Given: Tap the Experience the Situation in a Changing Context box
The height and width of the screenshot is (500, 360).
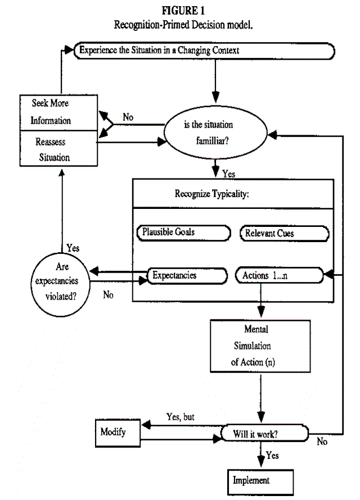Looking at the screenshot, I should point(205,51).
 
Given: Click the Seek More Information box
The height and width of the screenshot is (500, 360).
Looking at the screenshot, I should point(51,112).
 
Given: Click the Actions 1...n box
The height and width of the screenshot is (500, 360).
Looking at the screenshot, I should point(279,276).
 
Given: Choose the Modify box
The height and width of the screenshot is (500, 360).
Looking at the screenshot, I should point(115,432).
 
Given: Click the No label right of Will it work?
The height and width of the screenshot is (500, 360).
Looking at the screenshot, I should point(322,442).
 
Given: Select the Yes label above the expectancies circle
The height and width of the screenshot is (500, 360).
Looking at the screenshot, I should point(73,248).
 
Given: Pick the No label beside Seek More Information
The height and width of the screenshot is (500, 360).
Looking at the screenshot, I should point(128,118).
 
